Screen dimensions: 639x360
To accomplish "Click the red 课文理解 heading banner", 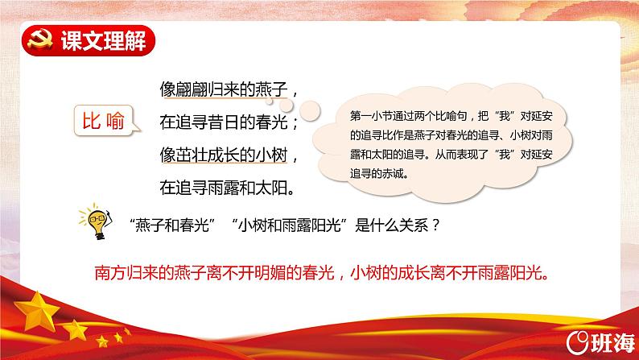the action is pos(89,40).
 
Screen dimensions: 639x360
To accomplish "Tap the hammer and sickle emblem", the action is pos(40,39).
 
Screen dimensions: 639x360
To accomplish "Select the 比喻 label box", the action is pos(105,121).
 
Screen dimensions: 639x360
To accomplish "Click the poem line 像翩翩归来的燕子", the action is pos(224,89).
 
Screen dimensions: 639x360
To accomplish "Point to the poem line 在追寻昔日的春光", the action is pos(224,122).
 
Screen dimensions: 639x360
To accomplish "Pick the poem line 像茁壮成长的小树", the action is pos(224,155).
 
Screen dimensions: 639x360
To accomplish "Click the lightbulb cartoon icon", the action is pos(96,221).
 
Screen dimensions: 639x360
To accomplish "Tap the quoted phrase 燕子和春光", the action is pos(172,225).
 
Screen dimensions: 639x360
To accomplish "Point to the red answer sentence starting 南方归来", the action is pos(322,273).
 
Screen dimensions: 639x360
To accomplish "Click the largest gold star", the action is pos(37,312).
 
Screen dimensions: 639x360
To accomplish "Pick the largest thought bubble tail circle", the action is pos(310,110).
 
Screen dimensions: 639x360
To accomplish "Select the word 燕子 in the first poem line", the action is pos(272,89).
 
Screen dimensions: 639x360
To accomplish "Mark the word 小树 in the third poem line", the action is pos(272,155).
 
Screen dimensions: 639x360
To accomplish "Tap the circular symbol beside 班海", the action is pos(578,342).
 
